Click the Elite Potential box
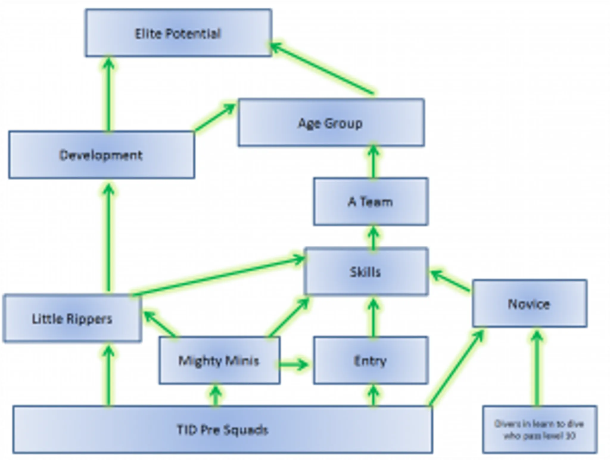178,33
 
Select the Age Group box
331,123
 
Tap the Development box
102,155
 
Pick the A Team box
371,202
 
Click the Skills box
366,271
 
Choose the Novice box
529,303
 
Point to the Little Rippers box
72,318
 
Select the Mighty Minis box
219,360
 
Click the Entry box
371,360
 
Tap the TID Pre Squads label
222,430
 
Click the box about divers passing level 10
539,430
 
